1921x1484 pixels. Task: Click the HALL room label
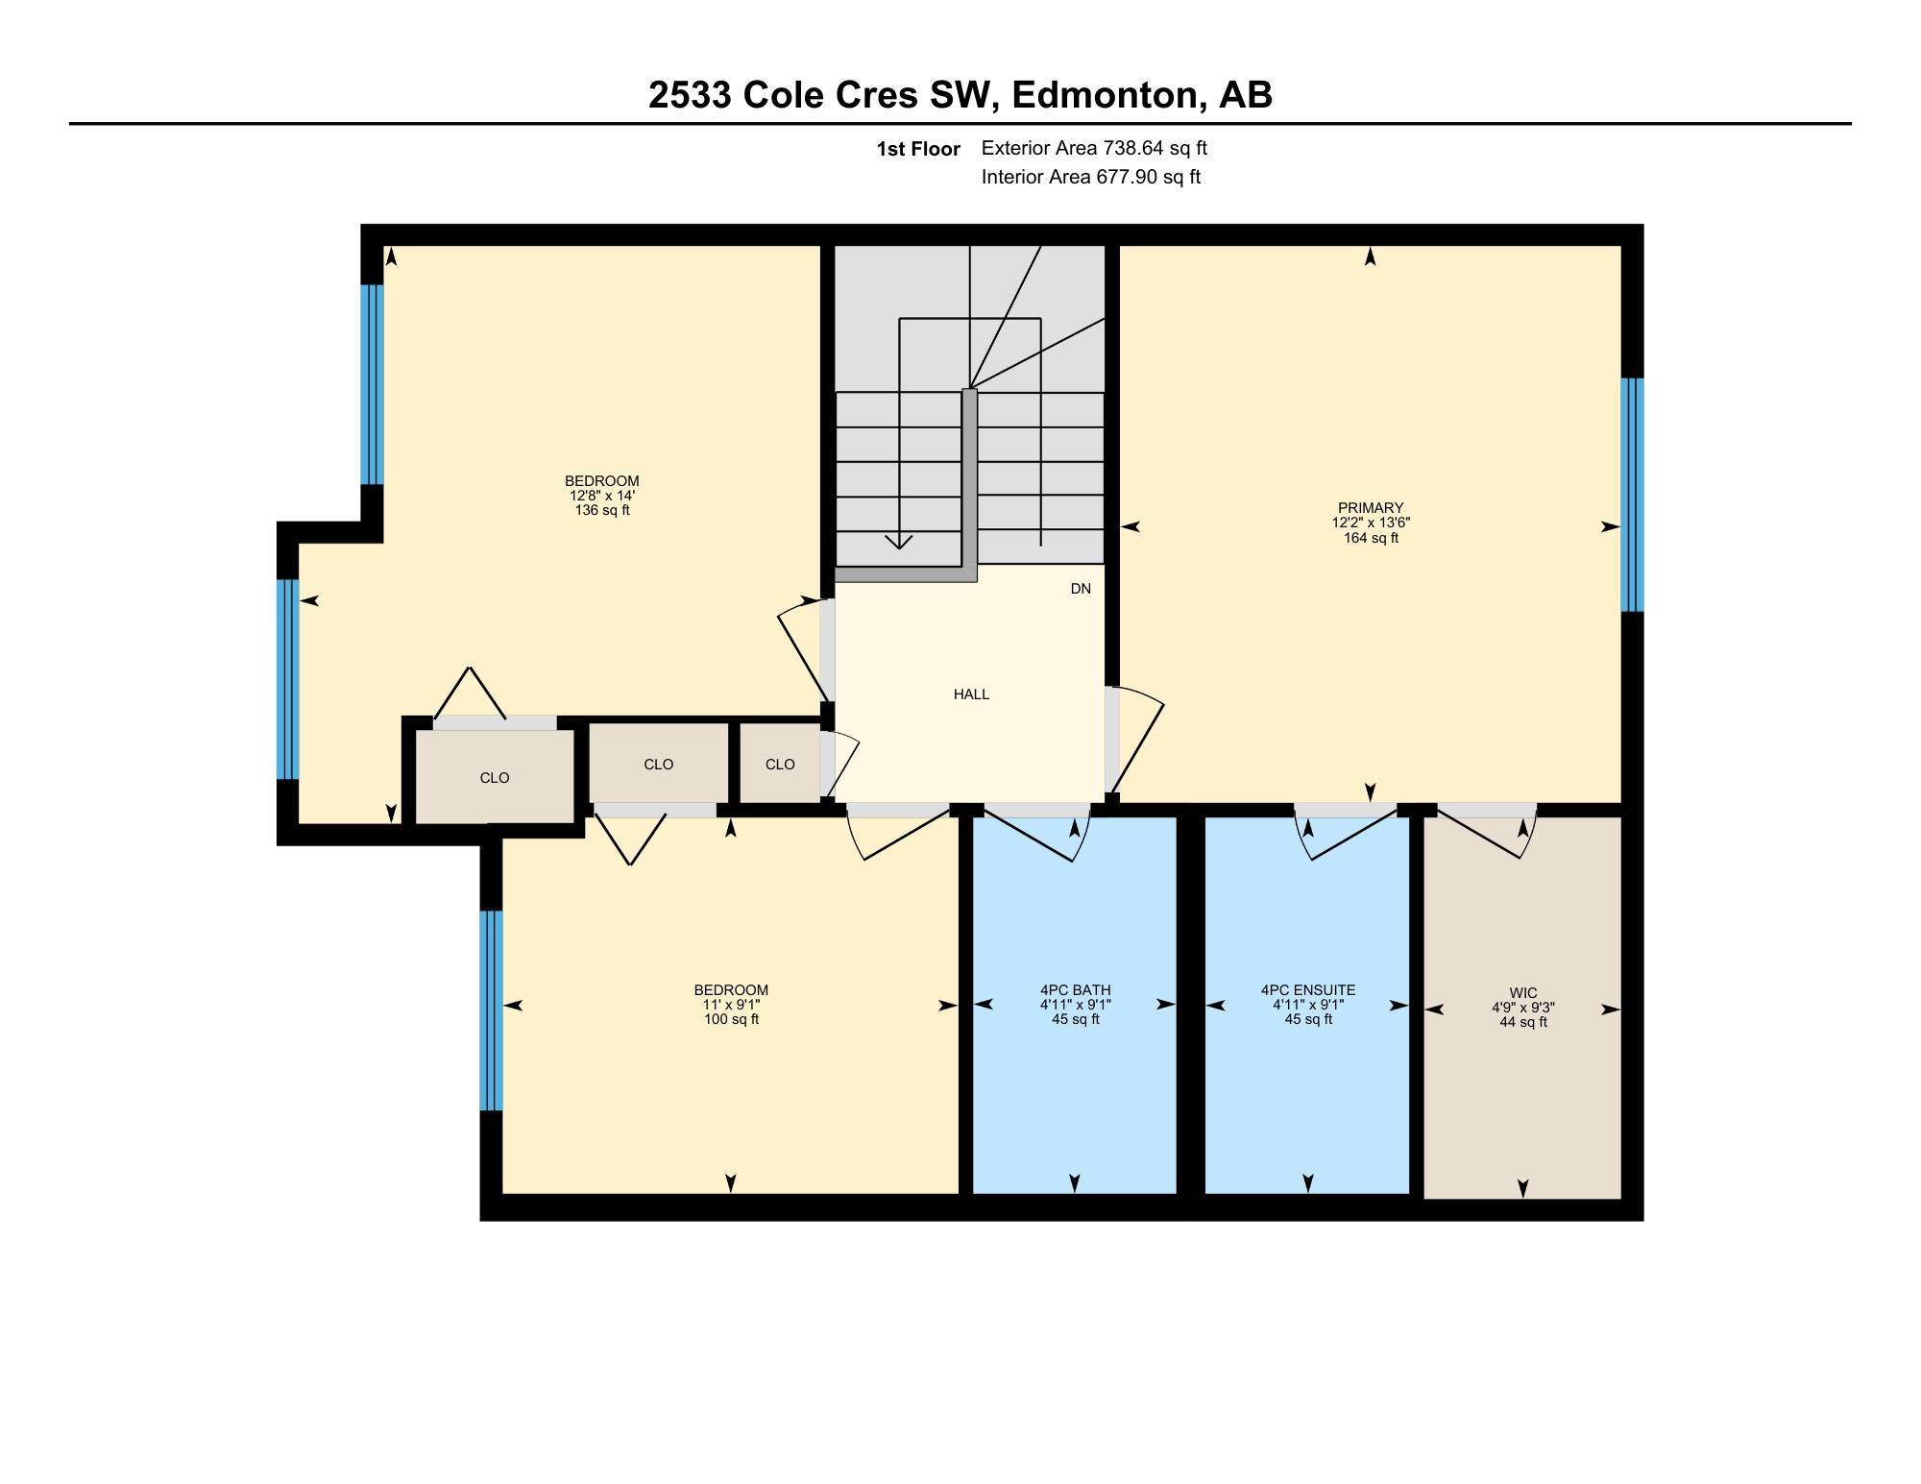pyautogui.click(x=971, y=694)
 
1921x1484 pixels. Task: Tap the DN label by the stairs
pyautogui.click(x=1081, y=589)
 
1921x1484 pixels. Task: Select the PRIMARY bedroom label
pyautogui.click(x=1371, y=508)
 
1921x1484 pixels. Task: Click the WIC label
pyautogui.click(x=1523, y=993)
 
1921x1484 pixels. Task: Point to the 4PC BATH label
pyautogui.click(x=1075, y=990)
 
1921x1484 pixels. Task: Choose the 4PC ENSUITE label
pyautogui.click(x=1308, y=990)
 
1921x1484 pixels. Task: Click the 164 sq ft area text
pyautogui.click(x=1371, y=539)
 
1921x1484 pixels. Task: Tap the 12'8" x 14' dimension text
pyautogui.click(x=602, y=496)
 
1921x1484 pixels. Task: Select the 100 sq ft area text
pyautogui.click(x=731, y=1019)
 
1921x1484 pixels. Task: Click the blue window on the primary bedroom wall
pyautogui.click(x=1632, y=495)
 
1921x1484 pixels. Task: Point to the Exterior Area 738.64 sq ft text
pyautogui.click(x=1094, y=148)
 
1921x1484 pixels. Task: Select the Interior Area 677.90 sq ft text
pyautogui.click(x=1091, y=177)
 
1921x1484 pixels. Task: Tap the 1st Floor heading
pyautogui.click(x=918, y=149)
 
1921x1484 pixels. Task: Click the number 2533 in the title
pyautogui.click(x=691, y=95)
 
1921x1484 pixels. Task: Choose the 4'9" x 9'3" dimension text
pyautogui.click(x=1523, y=1008)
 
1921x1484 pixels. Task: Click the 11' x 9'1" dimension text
pyautogui.click(x=731, y=1005)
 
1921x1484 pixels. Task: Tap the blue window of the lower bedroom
pyautogui.click(x=491, y=1010)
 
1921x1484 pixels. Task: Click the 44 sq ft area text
pyautogui.click(x=1523, y=1022)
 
